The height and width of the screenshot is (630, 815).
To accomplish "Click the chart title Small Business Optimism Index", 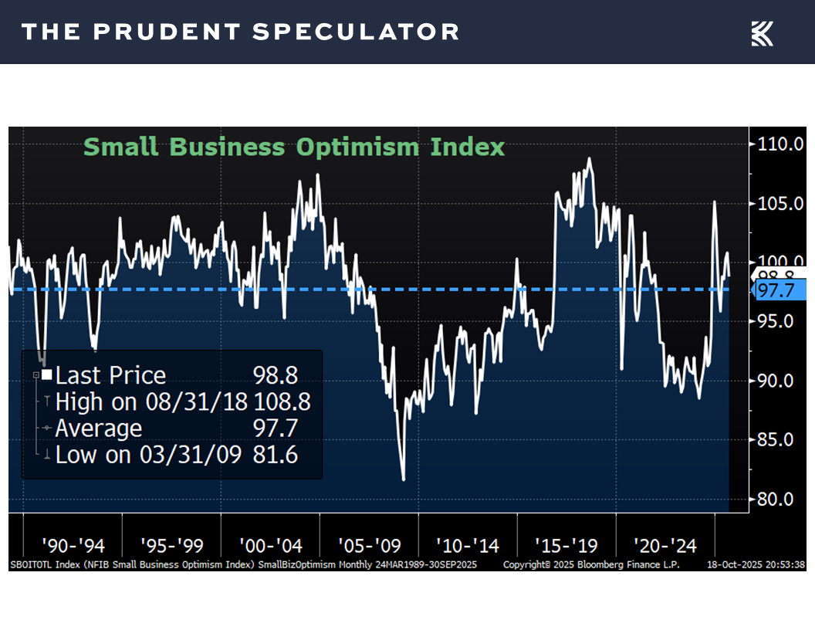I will tap(294, 147).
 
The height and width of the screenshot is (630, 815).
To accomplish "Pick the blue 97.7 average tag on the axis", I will tap(778, 290).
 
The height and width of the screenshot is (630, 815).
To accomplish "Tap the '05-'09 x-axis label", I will tap(369, 546).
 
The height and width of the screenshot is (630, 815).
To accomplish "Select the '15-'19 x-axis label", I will tap(566, 546).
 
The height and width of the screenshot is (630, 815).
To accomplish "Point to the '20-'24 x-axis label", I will tap(665, 546).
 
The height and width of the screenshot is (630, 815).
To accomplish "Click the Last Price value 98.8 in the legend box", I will tap(276, 375).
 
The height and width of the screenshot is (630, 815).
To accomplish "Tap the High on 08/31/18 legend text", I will tap(151, 401).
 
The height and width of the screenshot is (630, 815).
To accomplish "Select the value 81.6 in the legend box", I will tap(276, 454).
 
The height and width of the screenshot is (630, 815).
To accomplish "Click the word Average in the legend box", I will tap(99, 428).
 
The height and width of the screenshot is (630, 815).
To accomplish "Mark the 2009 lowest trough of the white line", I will tap(404, 479).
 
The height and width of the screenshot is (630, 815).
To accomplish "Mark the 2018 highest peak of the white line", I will tap(590, 159).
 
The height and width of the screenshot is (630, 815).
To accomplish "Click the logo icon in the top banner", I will tap(762, 32).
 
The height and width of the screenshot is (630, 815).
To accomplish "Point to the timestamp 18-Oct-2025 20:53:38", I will tap(756, 565).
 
